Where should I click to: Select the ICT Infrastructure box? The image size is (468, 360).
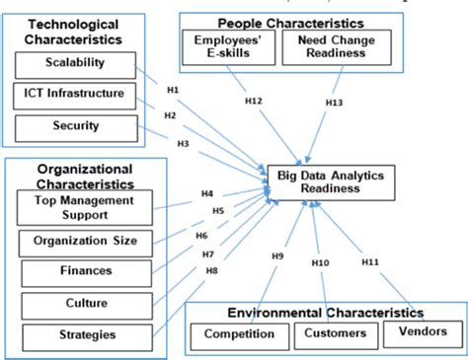(73, 95)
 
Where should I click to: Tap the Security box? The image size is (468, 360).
(73, 126)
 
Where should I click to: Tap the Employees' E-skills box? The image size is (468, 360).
(225, 45)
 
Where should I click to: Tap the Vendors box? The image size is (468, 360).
(422, 331)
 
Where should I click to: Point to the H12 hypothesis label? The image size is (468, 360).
(253, 101)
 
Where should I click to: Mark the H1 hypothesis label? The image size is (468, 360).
(172, 90)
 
